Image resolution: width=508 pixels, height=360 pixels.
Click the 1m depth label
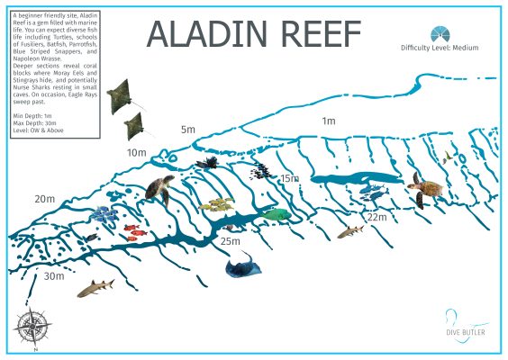[329, 121]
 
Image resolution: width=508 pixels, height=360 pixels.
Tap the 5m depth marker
[187, 130]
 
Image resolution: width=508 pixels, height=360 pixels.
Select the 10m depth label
[136, 153]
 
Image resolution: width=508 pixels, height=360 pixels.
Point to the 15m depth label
[289, 179]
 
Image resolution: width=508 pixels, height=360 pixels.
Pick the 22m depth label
[376, 217]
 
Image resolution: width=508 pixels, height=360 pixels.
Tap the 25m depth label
[231, 240]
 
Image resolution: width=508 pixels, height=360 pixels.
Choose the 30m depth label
[54, 276]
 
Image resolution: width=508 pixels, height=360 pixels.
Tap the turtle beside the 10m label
[161, 189]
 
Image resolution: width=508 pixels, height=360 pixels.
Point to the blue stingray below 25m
[241, 265]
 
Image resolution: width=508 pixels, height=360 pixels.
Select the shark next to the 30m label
[95, 288]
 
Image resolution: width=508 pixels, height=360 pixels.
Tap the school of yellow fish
[218, 205]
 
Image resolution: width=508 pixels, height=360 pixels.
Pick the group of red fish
[134, 231]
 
